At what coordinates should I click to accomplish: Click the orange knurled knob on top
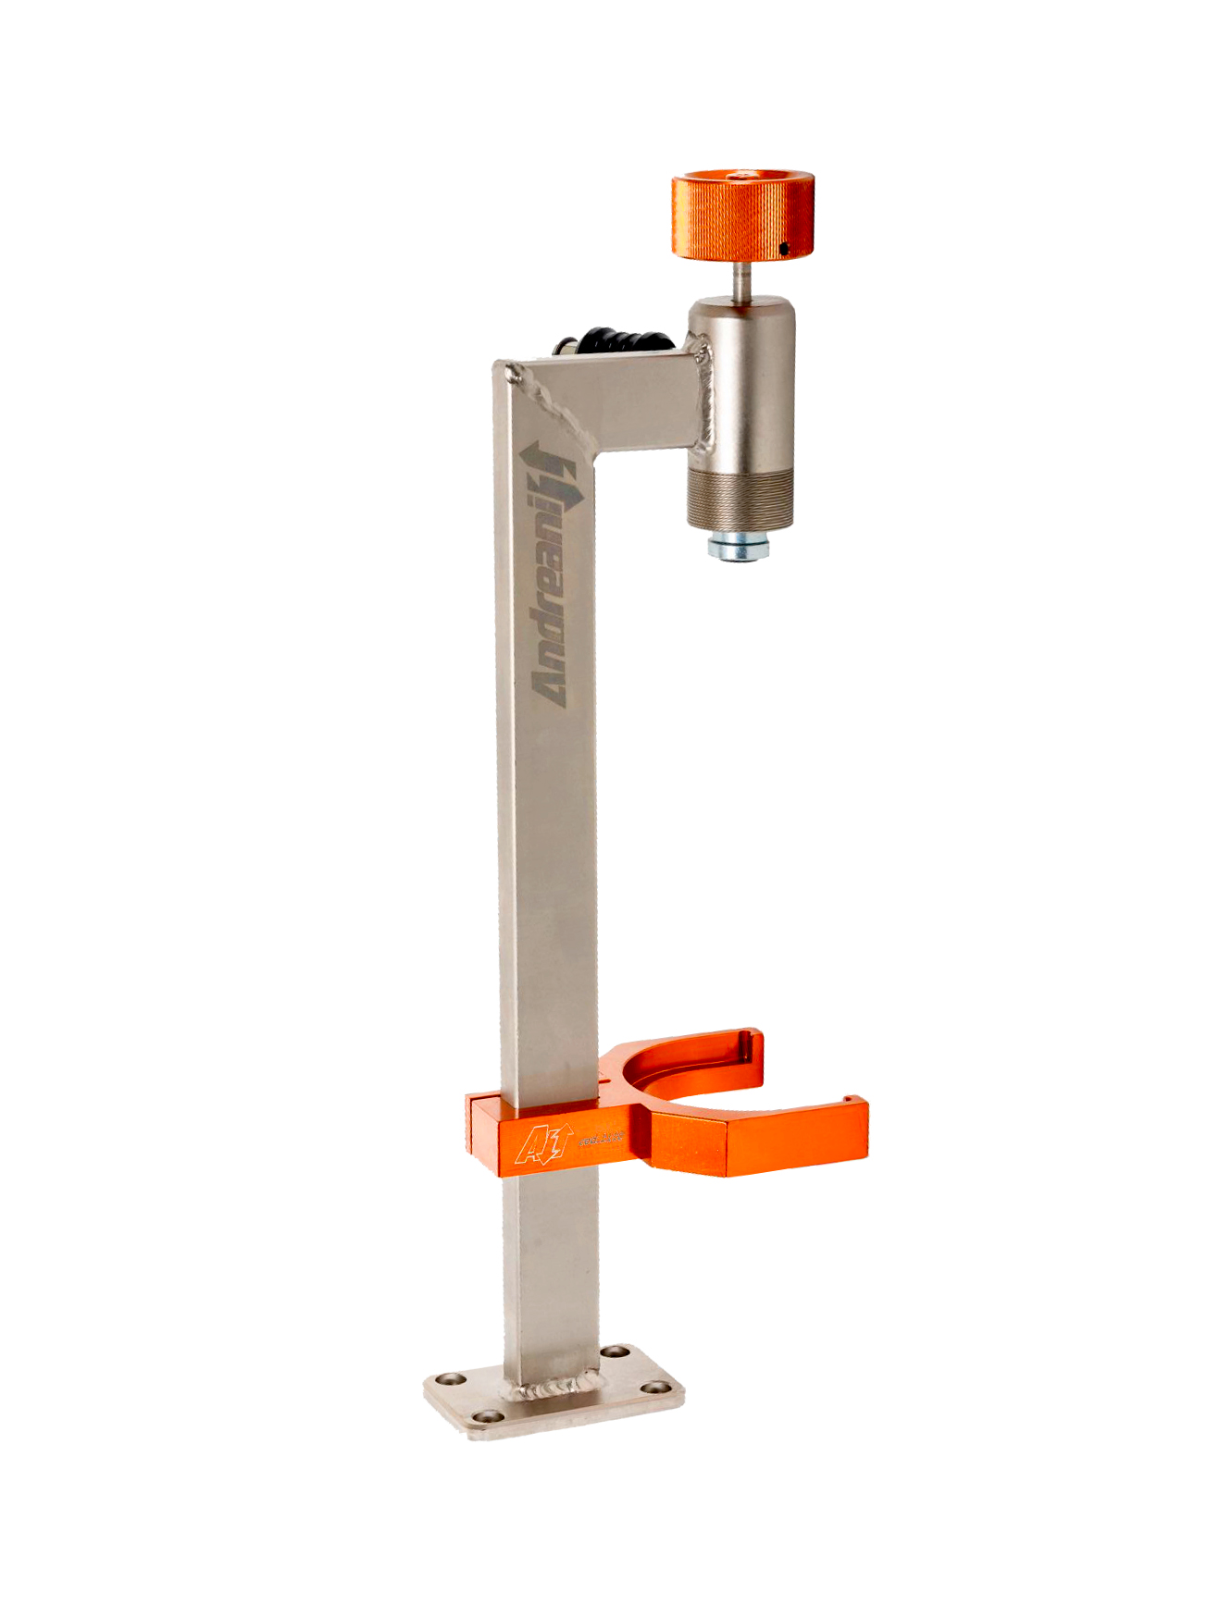click(x=740, y=214)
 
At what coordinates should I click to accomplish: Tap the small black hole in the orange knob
click(x=783, y=248)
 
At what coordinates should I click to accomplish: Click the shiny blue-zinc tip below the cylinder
click(x=738, y=549)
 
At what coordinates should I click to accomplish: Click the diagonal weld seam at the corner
click(x=555, y=408)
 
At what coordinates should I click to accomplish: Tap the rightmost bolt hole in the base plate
click(x=657, y=1387)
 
